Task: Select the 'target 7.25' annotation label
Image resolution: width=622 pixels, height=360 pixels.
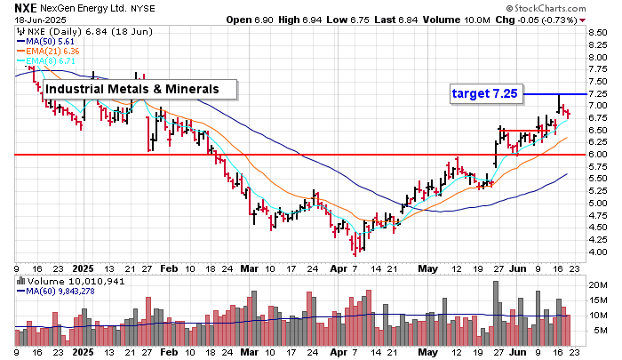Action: [483, 93]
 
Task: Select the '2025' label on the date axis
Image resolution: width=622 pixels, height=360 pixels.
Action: [84, 267]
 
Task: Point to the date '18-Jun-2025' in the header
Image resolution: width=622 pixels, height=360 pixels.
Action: [34, 19]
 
